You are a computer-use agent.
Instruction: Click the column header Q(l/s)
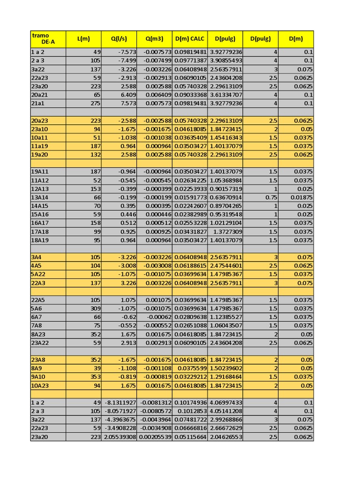click(119, 39)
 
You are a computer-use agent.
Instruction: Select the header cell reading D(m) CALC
click(189, 39)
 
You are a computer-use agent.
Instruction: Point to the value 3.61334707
click(225, 95)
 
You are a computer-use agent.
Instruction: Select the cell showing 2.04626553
click(225, 437)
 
